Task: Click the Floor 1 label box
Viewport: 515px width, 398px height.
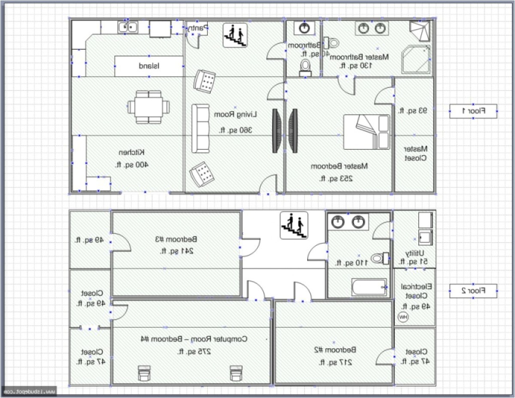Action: [x=473, y=111]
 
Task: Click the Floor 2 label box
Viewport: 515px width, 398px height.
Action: [x=473, y=291]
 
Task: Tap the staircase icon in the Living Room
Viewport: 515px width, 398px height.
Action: [x=236, y=35]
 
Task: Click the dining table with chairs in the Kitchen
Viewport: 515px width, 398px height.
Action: [x=148, y=107]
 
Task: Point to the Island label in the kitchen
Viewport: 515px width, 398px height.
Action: [x=149, y=66]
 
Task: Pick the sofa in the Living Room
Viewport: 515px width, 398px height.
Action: [x=201, y=129]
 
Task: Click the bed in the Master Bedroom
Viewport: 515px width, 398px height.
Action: [x=367, y=132]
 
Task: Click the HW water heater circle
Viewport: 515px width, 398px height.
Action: [x=403, y=317]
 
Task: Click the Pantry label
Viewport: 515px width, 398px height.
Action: [x=197, y=28]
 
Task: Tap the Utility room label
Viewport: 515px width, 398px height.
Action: [x=415, y=253]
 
